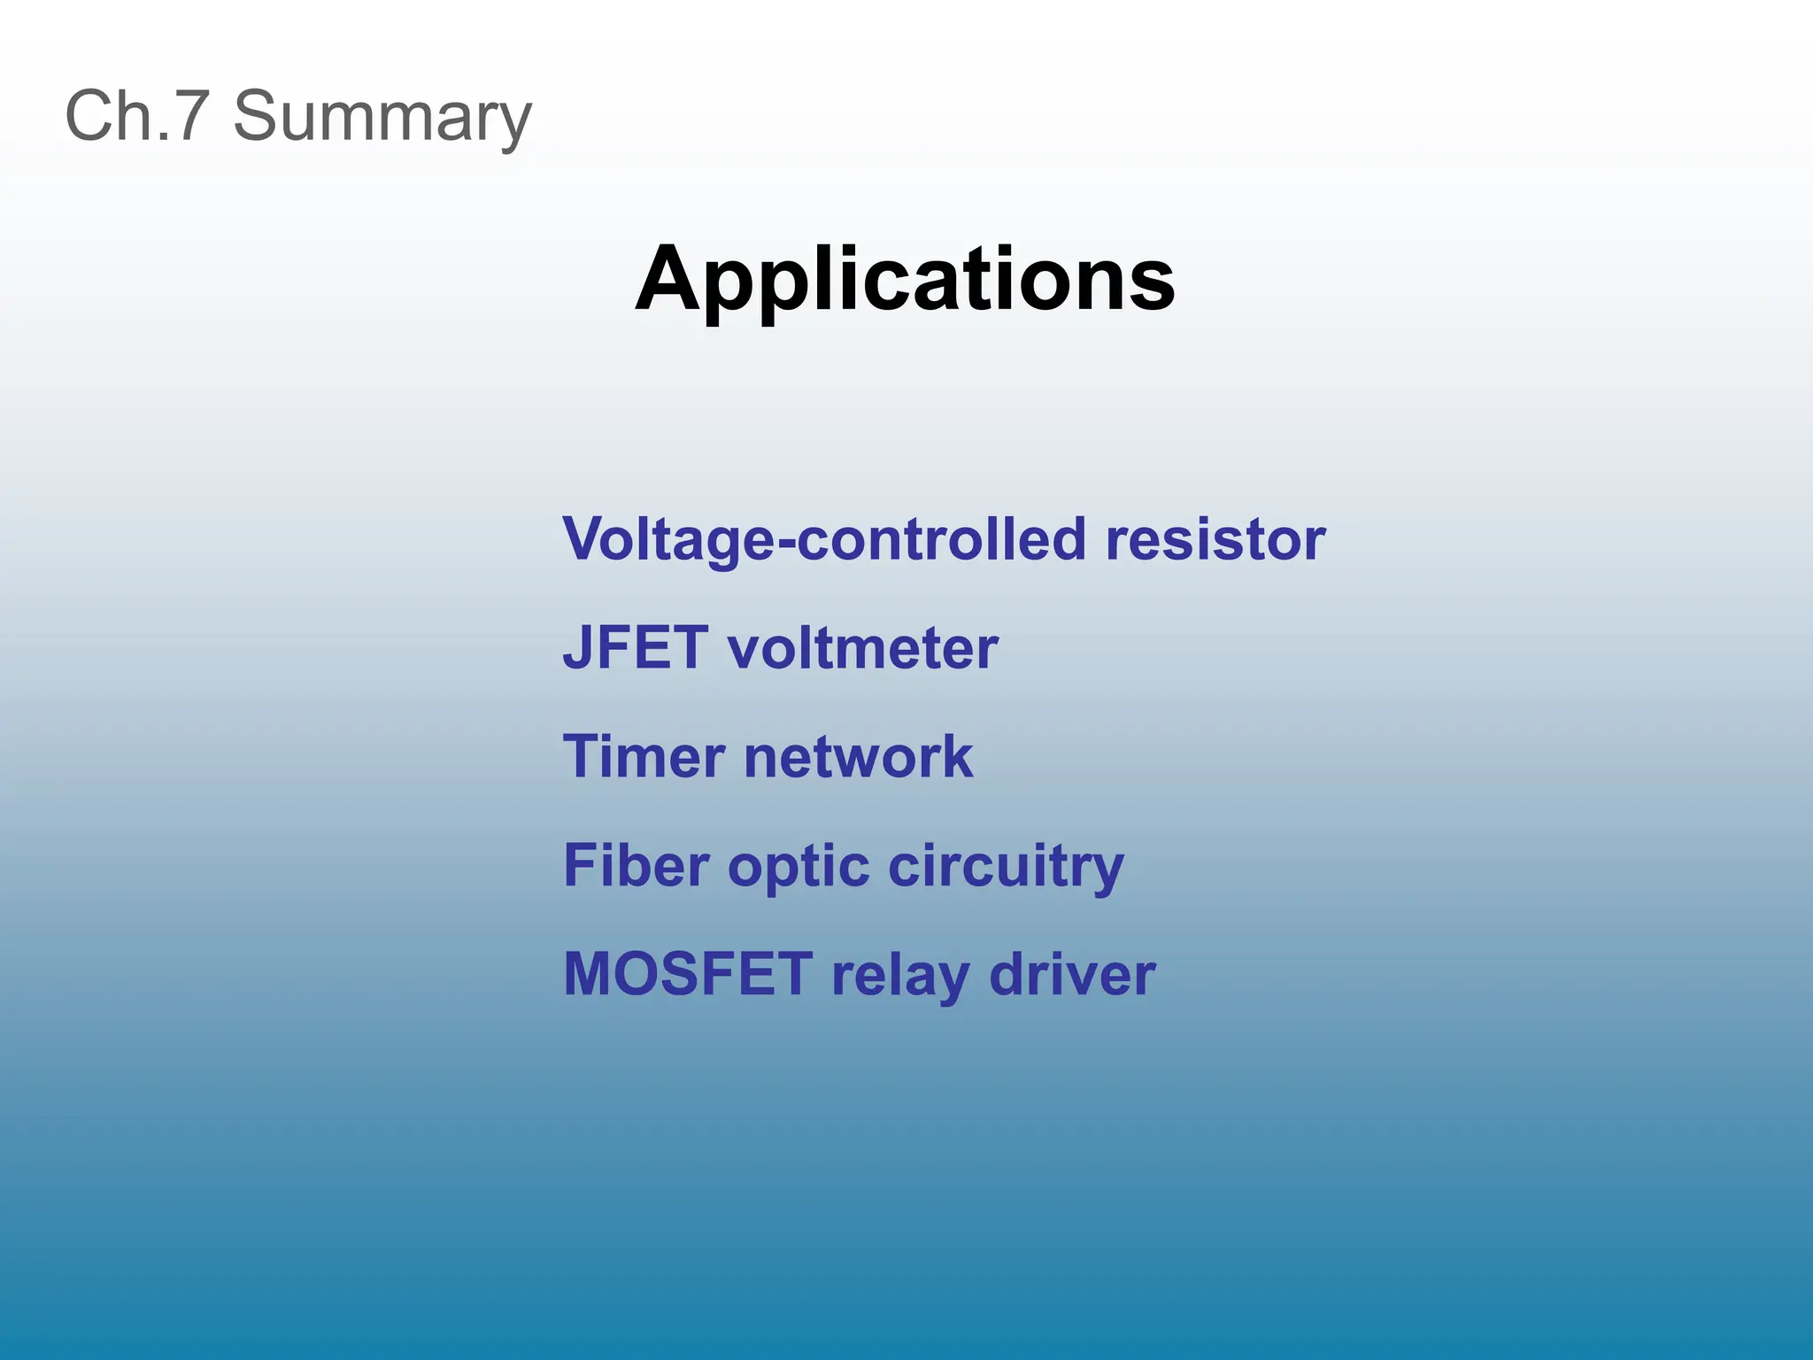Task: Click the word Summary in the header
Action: pyautogui.click(x=382, y=118)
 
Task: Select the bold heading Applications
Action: pyautogui.click(x=905, y=281)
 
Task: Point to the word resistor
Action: pyautogui.click(x=1215, y=539)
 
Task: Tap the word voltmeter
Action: pyautogui.click(x=862, y=647)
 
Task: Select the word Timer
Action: pyautogui.click(x=644, y=756)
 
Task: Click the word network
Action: pyautogui.click(x=858, y=756)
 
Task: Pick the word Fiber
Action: pyautogui.click(x=636, y=865)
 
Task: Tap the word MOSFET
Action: pyautogui.click(x=688, y=974)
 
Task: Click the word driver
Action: pyautogui.click(x=1072, y=974)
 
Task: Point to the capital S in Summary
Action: pyautogui.click(x=255, y=116)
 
